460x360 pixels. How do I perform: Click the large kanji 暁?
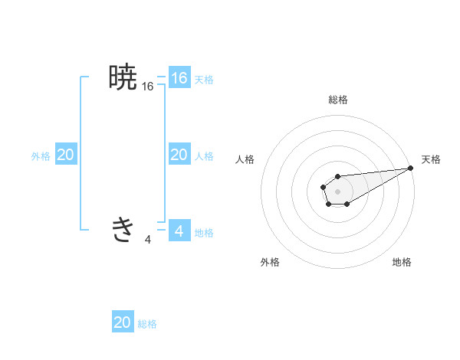pos(123,77)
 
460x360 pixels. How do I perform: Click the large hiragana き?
pos(123,229)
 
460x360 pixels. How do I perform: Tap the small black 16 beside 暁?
pos(148,87)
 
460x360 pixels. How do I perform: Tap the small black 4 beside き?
pos(148,240)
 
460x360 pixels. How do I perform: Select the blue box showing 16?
pos(179,78)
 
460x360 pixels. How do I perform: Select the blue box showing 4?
pos(179,231)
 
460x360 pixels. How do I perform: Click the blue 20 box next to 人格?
pos(179,155)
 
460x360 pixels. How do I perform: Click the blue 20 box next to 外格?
pos(65,155)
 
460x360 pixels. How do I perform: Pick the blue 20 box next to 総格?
pos(123,322)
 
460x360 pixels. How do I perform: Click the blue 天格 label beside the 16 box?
pos(204,79)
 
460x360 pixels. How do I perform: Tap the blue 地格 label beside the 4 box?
pos(204,232)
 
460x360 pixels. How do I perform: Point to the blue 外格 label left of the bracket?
pos(41,155)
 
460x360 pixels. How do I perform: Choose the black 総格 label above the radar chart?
pos(338,100)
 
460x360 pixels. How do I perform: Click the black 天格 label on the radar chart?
pos(432,159)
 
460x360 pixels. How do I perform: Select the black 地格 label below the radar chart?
pos(402,262)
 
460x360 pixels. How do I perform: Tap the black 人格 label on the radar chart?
pos(245,159)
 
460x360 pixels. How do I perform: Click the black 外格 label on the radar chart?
pos(270,262)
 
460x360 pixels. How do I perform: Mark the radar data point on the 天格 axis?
pos(410,168)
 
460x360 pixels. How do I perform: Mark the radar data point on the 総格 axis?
pos(338,176)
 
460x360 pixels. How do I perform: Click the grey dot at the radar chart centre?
pos(338,191)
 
